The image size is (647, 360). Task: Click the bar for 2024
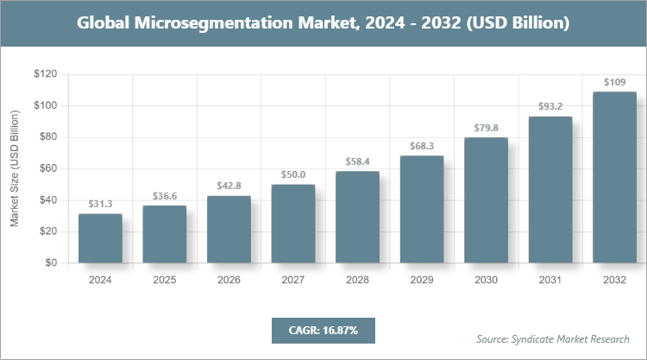pos(100,238)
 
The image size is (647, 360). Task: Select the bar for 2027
pos(293,224)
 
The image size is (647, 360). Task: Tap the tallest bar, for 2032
pos(614,177)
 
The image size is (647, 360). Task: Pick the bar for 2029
pos(422,209)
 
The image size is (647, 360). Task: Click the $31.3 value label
pos(100,204)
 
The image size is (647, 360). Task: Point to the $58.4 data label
pos(357,161)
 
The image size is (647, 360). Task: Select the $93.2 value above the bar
pos(550,107)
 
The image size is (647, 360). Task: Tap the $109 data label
pos(614,82)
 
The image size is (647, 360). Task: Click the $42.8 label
pos(229,186)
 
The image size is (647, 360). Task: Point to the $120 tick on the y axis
pos(45,74)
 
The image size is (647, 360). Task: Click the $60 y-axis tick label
pos(47,168)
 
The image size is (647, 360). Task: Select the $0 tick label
pos(51,262)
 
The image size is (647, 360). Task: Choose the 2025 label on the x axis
pos(164,281)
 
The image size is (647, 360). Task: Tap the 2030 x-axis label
pos(486,281)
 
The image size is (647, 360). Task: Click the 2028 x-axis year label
pos(357,281)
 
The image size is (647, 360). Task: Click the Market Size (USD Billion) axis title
pos(15,169)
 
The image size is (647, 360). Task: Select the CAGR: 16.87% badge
pos(323,330)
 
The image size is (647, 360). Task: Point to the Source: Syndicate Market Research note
pos(553,338)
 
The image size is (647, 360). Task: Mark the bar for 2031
pos(550,190)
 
